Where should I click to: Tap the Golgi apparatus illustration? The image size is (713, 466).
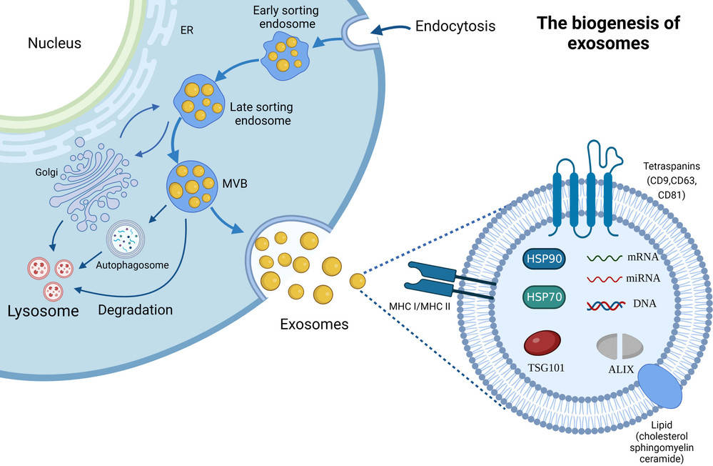pyautogui.click(x=90, y=184)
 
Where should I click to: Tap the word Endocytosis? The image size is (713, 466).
pyautogui.click(x=455, y=26)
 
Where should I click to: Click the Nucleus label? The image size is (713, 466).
pyautogui.click(x=54, y=44)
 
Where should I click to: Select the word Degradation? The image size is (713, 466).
pyautogui.click(x=135, y=309)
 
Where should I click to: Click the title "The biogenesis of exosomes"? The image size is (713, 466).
pyautogui.click(x=608, y=33)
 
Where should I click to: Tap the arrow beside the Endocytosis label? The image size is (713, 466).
pyautogui.click(x=389, y=28)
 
